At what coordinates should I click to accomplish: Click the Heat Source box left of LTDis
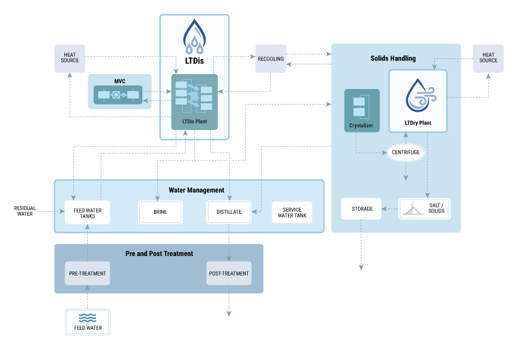pos(70,58)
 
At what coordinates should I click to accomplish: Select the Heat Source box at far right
pos(488,58)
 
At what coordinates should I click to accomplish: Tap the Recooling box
pos(270,58)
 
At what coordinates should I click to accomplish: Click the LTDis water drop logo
pos(194,37)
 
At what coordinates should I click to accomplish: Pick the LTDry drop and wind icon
pos(418,96)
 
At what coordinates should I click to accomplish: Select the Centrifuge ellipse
pos(406,152)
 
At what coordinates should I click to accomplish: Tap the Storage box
pos(362,209)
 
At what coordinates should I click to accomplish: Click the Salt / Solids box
pos(424,209)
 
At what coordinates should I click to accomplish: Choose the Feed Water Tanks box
pos(87,212)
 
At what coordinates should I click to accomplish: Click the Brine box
pos(160,212)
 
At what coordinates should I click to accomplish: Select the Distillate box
pos(229,212)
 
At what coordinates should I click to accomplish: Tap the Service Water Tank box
pos(292,212)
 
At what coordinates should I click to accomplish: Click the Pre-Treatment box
pos(87,274)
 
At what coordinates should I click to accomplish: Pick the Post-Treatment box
pos(229,274)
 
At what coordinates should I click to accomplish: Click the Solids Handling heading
pos(393,58)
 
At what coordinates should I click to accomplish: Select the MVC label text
pos(119,82)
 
